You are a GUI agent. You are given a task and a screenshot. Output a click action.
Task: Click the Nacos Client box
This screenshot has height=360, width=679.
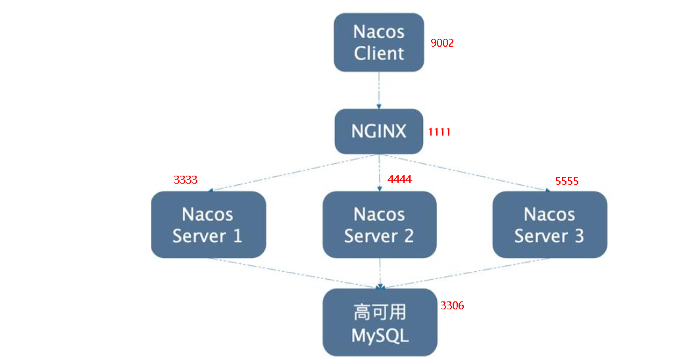coord(379,42)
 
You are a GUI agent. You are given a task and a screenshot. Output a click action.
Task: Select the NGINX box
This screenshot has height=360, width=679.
coord(379,131)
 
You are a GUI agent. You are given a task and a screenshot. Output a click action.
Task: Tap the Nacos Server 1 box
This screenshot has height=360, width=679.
coord(208,224)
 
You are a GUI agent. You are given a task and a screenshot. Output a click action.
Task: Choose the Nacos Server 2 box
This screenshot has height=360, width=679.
coord(379,224)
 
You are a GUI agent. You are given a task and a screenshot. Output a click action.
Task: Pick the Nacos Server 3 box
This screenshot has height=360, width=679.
coord(549,224)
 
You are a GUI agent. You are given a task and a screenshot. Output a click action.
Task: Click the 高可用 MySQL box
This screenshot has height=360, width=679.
coord(380,322)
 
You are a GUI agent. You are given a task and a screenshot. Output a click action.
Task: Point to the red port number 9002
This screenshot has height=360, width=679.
coord(442,43)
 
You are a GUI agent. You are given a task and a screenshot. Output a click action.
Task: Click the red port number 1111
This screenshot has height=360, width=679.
coord(439,132)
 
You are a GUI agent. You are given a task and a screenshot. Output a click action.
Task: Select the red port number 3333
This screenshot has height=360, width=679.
coord(186,179)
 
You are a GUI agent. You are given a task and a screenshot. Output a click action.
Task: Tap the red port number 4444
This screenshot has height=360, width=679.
coord(399,179)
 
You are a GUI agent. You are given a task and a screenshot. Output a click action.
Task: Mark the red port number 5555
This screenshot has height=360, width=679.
coord(566,181)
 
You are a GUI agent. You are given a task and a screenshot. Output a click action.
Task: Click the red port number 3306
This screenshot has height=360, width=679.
coord(452,305)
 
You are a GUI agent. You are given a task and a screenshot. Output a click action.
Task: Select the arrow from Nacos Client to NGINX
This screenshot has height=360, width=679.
coord(379,90)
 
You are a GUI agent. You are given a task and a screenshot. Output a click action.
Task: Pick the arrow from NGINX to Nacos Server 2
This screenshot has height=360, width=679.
coord(380,172)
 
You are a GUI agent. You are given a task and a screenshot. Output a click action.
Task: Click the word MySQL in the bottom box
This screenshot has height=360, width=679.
coord(380,335)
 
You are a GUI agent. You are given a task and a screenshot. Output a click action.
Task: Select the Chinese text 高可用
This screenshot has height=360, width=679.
coord(380,311)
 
